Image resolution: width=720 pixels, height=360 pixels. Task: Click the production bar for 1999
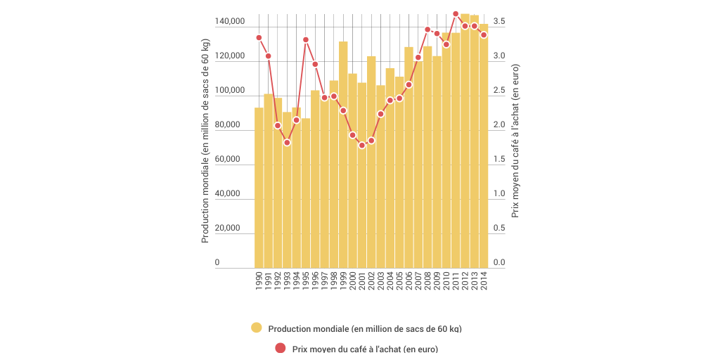[343, 155]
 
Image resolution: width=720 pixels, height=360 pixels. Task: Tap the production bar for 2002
[371, 162]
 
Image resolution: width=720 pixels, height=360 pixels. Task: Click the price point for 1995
[306, 40]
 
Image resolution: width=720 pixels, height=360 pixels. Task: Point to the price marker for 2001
[362, 146]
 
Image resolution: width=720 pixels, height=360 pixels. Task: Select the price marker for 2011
[456, 14]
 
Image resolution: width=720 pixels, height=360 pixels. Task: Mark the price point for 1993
[287, 143]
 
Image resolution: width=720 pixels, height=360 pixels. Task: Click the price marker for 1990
[259, 38]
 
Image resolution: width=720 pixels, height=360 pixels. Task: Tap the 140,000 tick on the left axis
[230, 22]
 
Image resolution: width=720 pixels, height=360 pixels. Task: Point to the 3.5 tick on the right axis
[499, 22]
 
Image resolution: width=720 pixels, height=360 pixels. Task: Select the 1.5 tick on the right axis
[499, 160]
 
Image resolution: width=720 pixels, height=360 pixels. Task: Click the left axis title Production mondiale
[205, 141]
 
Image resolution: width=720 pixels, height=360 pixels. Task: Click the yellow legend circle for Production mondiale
[257, 328]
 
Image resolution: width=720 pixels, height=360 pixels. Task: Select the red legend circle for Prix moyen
[281, 347]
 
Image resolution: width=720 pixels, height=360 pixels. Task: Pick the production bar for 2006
[409, 157]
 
